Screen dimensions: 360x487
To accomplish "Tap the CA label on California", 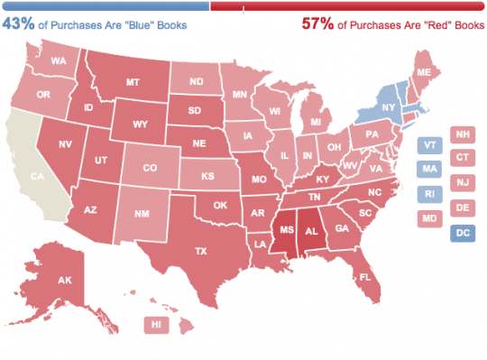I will pyautogui.click(x=36, y=177).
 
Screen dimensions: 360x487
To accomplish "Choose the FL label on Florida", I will pyautogui.click(x=365, y=277).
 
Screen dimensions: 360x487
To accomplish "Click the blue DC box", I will pyautogui.click(x=463, y=234).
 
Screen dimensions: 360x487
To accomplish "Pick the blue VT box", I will pyautogui.click(x=429, y=144).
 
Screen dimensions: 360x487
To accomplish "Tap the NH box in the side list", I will pyautogui.click(x=463, y=134).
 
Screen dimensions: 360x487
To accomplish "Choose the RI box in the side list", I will pyautogui.click(x=429, y=193).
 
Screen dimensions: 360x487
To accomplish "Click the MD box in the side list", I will pyautogui.click(x=429, y=217).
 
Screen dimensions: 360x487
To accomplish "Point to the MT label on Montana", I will pyautogui.click(x=132, y=82).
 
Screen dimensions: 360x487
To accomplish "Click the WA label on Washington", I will pyautogui.click(x=60, y=61).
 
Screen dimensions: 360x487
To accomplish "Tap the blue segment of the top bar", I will pyautogui.click(x=105, y=5).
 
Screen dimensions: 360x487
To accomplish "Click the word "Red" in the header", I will pyautogui.click(x=429, y=25).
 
